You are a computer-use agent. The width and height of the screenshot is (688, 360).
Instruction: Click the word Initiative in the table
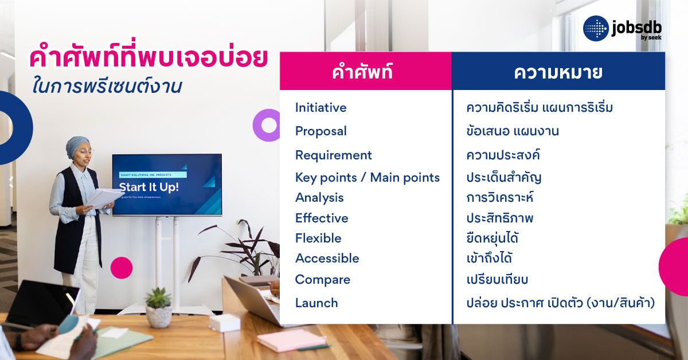pos(320,108)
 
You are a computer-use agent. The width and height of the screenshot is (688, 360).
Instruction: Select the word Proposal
pos(320,131)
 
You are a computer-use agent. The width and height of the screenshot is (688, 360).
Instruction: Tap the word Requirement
pos(333,155)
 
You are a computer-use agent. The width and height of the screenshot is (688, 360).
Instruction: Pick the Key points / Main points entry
pos(367,178)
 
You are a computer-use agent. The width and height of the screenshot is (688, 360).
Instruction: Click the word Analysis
pos(319,198)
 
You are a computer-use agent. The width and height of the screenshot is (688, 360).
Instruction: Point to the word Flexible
pos(318,238)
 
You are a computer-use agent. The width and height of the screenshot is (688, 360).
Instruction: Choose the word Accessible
pos(327,259)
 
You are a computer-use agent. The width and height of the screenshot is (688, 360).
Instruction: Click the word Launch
pos(316,303)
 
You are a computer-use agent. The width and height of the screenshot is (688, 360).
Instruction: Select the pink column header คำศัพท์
pos(362,73)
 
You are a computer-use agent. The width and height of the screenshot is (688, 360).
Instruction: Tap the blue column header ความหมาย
pos(557,73)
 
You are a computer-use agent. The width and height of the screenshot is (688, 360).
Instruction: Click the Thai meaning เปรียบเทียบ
pos(497,280)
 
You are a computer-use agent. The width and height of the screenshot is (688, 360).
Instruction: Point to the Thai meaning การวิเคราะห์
pos(500,198)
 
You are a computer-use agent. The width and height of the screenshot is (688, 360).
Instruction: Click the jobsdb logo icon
pos(596,29)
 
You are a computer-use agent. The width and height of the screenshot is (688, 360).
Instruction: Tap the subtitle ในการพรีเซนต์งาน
pos(107,87)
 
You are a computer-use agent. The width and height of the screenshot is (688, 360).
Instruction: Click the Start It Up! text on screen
pos(148,187)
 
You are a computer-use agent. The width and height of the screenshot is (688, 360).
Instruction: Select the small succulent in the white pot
pos(158,299)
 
